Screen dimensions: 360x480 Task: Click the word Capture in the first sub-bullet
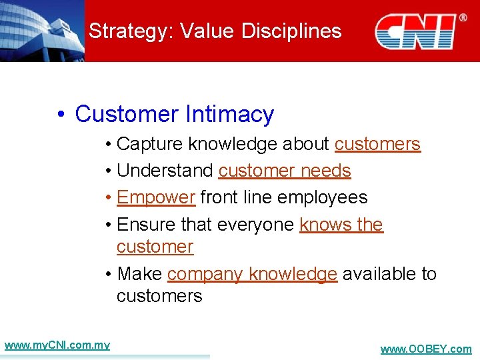150,144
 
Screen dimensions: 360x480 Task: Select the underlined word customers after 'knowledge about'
377,144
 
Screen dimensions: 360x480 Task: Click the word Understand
165,171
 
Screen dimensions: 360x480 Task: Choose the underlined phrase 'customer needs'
285,171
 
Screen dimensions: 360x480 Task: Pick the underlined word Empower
155,197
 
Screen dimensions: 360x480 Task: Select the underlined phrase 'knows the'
341,225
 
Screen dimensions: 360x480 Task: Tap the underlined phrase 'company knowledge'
252,274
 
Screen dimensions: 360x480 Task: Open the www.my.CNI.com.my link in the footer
57,345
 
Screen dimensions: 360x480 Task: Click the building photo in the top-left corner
42,31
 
